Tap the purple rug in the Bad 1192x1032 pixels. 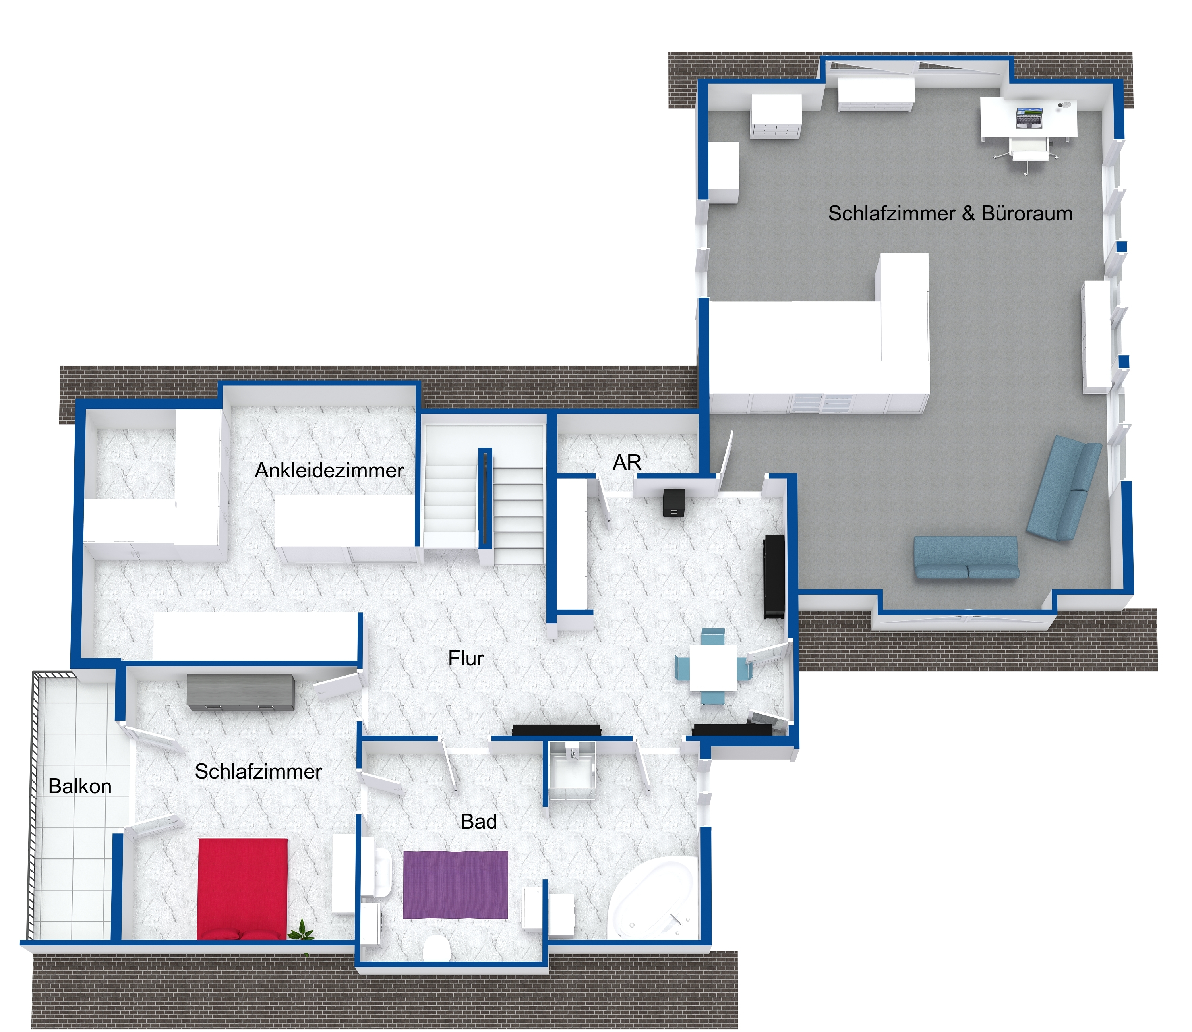point(455,885)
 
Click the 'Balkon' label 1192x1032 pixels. point(80,786)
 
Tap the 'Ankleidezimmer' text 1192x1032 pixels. point(329,470)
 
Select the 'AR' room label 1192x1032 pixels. point(627,462)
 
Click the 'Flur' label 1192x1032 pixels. point(466,658)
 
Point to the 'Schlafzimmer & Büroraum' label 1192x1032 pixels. point(950,214)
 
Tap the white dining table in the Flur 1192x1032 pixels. point(713,667)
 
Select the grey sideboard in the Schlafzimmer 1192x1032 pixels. point(241,693)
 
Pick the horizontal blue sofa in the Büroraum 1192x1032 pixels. point(966,557)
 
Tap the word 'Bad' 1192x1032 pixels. point(479,822)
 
